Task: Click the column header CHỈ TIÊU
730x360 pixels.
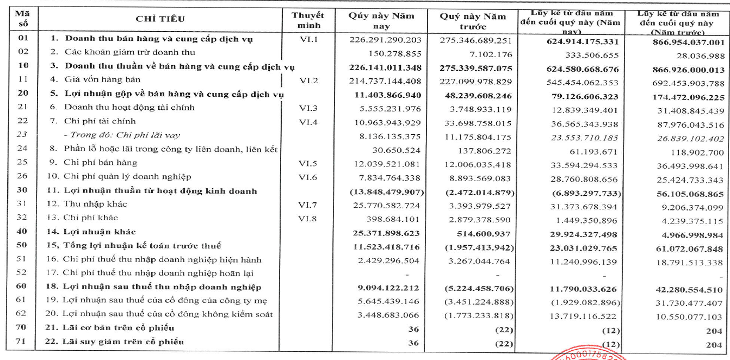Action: [x=160, y=20]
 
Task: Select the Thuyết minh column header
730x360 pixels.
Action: [x=307, y=20]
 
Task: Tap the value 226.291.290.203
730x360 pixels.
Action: [x=386, y=40]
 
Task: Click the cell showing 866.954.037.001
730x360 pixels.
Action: [x=684, y=42]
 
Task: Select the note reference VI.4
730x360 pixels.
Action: [x=307, y=121]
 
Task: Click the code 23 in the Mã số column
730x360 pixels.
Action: [x=21, y=135]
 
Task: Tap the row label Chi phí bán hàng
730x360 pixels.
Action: [x=100, y=163]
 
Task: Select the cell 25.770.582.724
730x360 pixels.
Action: [x=386, y=205]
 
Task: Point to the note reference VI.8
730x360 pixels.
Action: [x=307, y=218]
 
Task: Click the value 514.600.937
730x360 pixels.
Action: [x=481, y=232]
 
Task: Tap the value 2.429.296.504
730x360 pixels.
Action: [x=389, y=260]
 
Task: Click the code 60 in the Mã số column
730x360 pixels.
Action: [x=21, y=287]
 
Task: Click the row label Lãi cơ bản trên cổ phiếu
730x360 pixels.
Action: [x=120, y=328]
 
